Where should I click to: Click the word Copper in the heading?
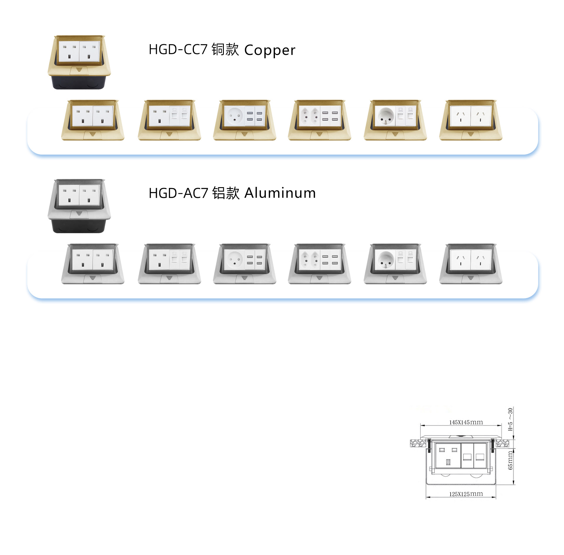click(270, 50)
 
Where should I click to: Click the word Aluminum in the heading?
click(280, 193)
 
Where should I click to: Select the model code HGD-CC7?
click(178, 49)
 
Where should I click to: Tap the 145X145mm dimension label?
click(466, 422)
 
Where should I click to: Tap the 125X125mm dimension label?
click(466, 494)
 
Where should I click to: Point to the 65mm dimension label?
click(510, 461)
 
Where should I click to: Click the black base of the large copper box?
click(79, 82)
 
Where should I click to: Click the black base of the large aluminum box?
click(79, 226)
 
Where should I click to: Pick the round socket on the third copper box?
click(234, 116)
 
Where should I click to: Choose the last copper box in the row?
click(471, 120)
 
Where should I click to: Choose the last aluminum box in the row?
click(471, 264)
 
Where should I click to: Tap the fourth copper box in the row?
click(319, 120)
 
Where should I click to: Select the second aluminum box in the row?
click(169, 264)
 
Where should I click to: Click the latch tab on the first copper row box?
click(93, 135)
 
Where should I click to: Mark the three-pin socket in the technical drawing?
click(448, 455)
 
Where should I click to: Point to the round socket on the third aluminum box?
click(234, 260)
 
